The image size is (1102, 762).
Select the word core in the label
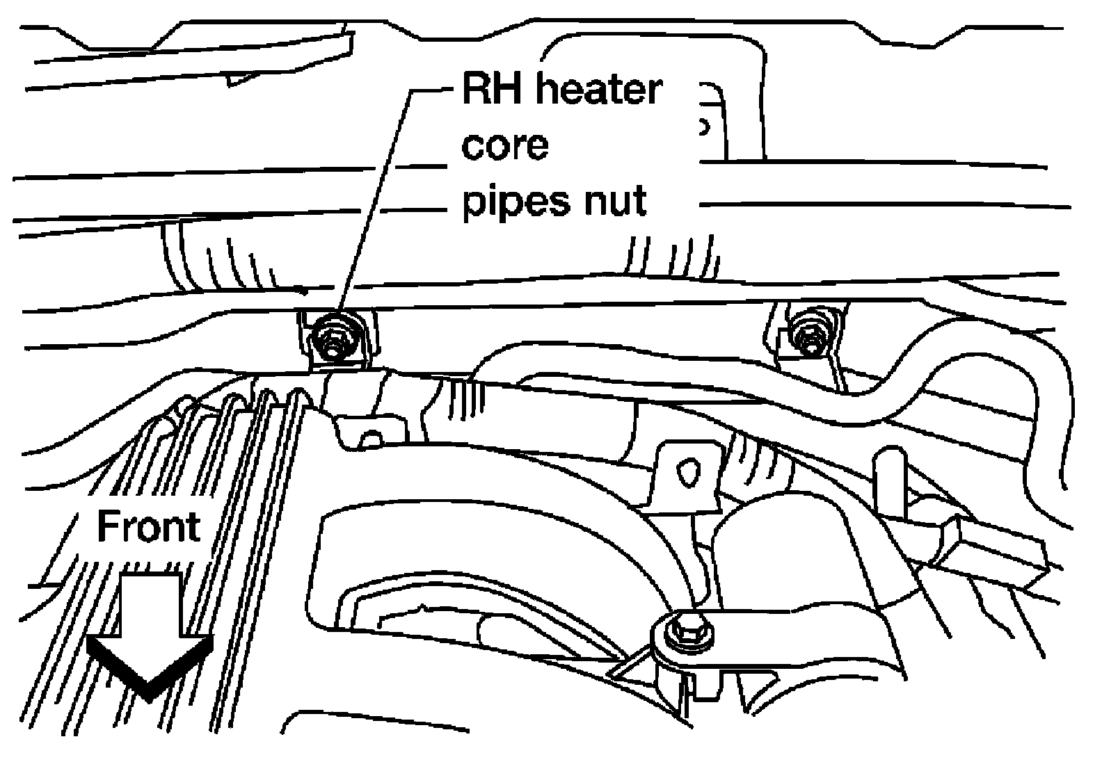[505, 145]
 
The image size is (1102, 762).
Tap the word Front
[148, 526]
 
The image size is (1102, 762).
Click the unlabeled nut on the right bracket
[807, 338]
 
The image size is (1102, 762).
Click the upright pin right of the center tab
[888, 483]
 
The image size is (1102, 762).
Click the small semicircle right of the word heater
[704, 127]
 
